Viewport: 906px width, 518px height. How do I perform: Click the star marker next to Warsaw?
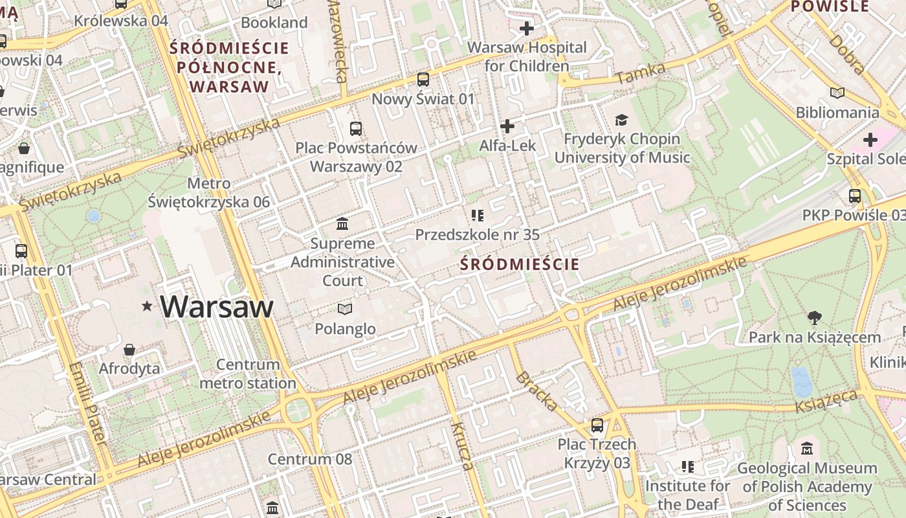tap(148, 306)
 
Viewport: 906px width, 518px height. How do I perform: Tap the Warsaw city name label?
tap(217, 306)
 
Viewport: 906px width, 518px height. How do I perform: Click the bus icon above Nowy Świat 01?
tap(423, 80)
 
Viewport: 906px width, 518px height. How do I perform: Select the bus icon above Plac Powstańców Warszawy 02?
tap(356, 128)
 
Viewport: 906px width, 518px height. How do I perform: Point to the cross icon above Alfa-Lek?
tap(507, 126)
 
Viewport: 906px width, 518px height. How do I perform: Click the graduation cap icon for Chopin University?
tap(621, 120)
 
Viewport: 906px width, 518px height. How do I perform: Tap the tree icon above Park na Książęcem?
tap(814, 317)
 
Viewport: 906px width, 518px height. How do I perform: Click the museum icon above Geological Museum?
tap(806, 448)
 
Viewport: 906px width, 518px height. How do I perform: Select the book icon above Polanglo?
tap(345, 309)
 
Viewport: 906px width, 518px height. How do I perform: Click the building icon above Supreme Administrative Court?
tap(342, 224)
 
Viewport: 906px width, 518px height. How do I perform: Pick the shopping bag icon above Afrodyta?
tap(129, 350)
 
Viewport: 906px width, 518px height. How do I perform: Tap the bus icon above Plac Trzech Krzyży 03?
tap(597, 425)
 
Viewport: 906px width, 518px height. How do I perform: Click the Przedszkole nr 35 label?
tap(477, 234)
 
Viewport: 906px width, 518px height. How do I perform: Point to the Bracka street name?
tap(536, 391)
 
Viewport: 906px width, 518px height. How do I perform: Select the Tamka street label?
tap(640, 73)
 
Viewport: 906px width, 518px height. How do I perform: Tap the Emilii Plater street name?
tap(88, 404)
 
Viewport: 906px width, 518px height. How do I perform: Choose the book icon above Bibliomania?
tap(837, 93)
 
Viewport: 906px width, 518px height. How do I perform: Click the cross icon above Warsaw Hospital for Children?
tap(527, 28)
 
